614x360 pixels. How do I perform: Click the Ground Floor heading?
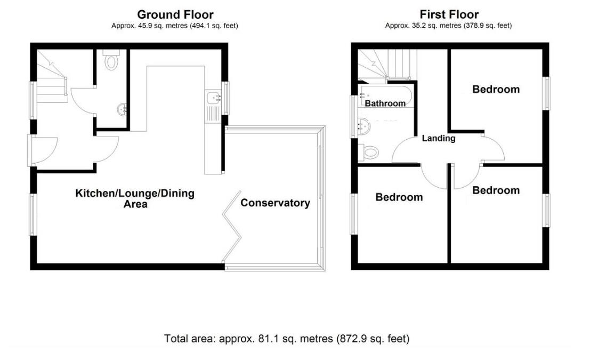point(175,14)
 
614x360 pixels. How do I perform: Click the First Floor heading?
point(449,14)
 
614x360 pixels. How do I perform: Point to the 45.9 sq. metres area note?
point(175,25)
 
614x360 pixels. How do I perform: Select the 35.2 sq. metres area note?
point(448,25)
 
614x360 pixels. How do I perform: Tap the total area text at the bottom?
point(287,338)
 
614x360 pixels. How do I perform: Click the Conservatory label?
point(275,203)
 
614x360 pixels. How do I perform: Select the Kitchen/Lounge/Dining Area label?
point(134,198)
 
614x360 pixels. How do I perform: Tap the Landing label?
point(438,138)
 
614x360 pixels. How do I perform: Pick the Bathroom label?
point(385,103)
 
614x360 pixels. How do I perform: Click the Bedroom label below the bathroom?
point(399,197)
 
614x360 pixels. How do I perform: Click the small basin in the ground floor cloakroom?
point(122,110)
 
